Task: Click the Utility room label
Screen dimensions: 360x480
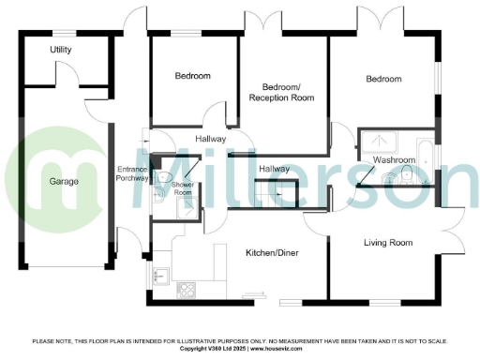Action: coord(61,49)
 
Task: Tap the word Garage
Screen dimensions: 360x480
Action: coord(64,181)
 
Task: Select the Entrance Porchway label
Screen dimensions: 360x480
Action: coord(131,173)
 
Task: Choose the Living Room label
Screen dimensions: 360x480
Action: coord(388,243)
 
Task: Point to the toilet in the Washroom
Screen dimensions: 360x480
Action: coord(406,176)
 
